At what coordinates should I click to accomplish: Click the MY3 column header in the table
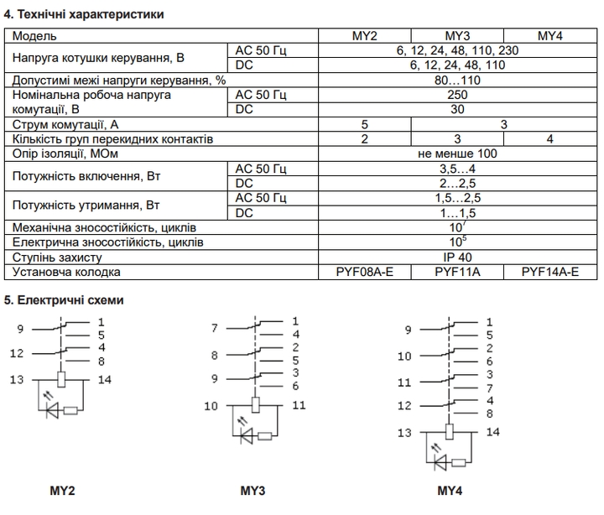point(457,36)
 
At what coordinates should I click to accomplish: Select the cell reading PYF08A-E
point(364,272)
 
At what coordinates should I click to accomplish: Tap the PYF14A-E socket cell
point(550,272)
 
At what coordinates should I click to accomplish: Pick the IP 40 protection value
point(457,257)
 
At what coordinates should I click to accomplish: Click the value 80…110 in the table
point(457,81)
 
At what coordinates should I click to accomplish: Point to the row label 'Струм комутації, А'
point(65,124)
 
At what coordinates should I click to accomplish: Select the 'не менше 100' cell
point(457,153)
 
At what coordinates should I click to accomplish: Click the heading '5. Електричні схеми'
point(64,300)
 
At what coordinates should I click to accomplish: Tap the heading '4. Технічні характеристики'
point(84,14)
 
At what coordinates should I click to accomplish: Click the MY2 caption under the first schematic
point(62,491)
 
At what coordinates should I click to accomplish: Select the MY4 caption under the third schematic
point(450,491)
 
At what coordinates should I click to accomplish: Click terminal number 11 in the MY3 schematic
point(299,405)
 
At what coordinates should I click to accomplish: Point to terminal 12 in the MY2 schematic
point(17,353)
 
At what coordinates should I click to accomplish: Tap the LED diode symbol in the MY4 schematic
point(440,462)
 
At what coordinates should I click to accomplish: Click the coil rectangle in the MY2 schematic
point(61,379)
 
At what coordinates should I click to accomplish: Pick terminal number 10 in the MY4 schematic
point(404,356)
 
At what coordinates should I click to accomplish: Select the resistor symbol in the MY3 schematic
point(264,436)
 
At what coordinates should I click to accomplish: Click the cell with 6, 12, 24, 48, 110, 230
point(457,50)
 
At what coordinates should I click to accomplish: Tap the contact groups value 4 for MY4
point(549,139)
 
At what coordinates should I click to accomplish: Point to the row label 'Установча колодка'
point(66,272)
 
